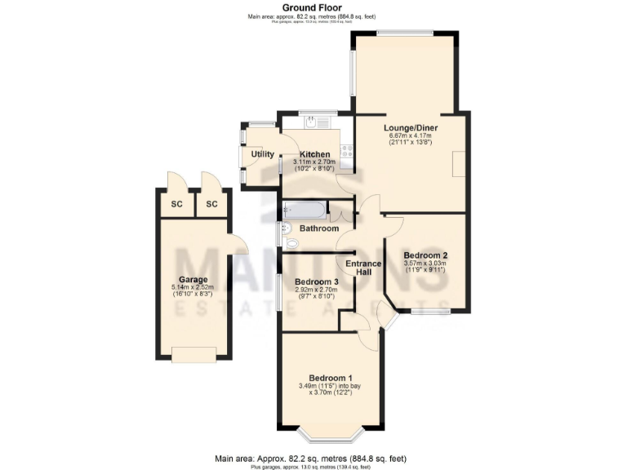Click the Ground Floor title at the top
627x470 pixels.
coord(313,7)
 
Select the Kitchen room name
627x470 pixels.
coord(314,154)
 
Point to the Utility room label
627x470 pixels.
coord(262,153)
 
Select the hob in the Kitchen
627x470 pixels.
coord(346,151)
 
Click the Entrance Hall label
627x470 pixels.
coord(363,268)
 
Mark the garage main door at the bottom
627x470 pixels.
coord(194,353)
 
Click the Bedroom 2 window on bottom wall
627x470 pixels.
coord(429,311)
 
